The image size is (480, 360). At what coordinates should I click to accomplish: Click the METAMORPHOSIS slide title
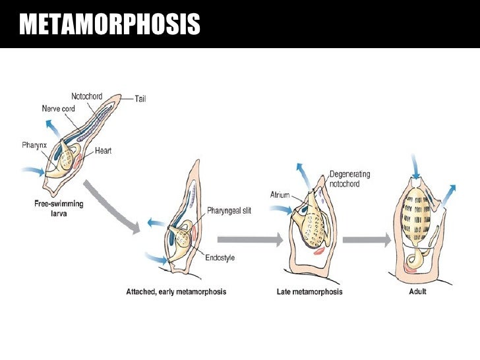coord(109,25)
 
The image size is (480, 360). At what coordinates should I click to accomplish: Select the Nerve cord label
coord(59,109)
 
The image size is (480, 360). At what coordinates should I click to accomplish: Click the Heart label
coord(103,151)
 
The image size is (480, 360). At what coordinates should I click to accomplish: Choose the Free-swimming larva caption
coord(59,208)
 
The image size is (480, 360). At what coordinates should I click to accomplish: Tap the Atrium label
coord(280,195)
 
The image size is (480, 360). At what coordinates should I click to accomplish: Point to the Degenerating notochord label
coord(349,179)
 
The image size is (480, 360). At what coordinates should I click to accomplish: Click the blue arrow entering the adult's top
coord(415,165)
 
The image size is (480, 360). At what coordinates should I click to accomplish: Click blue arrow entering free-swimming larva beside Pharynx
coord(32,173)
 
